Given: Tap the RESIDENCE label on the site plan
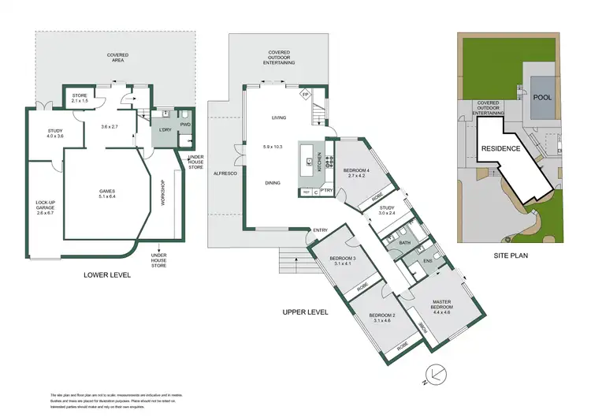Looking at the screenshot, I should [x=500, y=148].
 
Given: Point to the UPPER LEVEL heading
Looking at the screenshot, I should [x=305, y=312].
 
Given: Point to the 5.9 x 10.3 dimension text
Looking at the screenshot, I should [x=273, y=147].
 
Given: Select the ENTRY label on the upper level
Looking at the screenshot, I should [x=320, y=230].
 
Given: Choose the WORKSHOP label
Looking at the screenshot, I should [x=163, y=193].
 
